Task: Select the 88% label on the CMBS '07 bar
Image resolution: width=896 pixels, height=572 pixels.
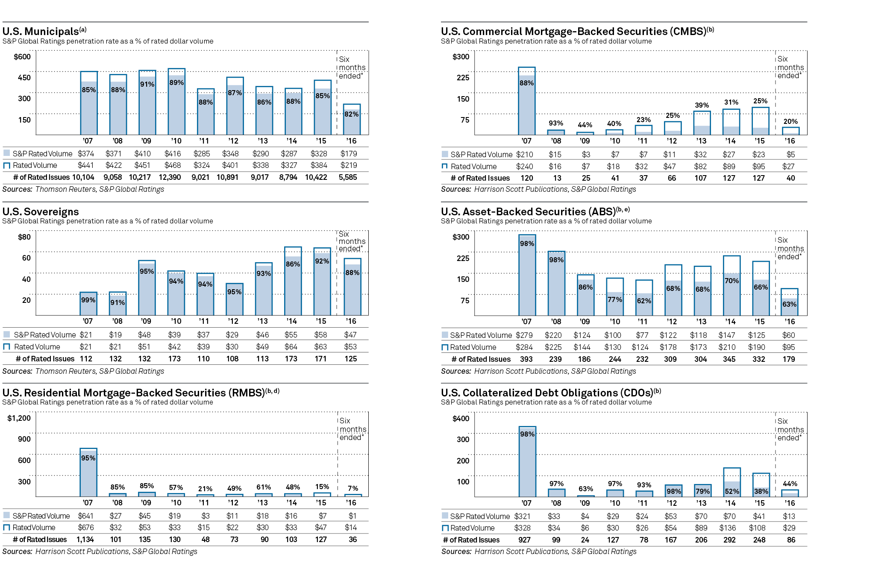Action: pyautogui.click(x=526, y=83)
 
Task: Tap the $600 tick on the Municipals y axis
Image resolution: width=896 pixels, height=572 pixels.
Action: pyautogui.click(x=22, y=57)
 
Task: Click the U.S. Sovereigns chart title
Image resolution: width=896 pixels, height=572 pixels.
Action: pyautogui.click(x=41, y=211)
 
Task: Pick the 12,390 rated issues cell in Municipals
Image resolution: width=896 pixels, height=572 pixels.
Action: pyautogui.click(x=170, y=177)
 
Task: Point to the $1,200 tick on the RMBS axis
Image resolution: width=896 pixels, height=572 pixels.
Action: pyautogui.click(x=19, y=418)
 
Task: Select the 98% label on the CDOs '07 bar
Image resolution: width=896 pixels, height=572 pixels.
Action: pyautogui.click(x=527, y=434)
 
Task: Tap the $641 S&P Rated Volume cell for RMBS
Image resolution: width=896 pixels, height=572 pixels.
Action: pyautogui.click(x=86, y=516)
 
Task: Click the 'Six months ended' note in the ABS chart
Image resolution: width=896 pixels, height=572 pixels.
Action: pyautogui.click(x=790, y=248)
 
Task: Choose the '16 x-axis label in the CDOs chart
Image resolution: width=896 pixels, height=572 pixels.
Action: pyautogui.click(x=790, y=503)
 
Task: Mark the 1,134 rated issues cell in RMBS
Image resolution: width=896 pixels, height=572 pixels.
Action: pyautogui.click(x=85, y=540)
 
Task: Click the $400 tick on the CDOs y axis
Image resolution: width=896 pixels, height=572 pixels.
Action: pyautogui.click(x=461, y=419)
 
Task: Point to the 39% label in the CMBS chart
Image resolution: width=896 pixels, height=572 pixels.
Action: pyautogui.click(x=702, y=105)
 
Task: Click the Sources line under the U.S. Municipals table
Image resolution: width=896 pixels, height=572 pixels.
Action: pyautogui.click(x=83, y=189)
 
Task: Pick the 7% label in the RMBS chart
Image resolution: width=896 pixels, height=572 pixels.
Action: pyautogui.click(x=353, y=488)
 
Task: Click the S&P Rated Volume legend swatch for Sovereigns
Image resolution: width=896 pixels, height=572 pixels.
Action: pyautogui.click(x=7, y=334)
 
